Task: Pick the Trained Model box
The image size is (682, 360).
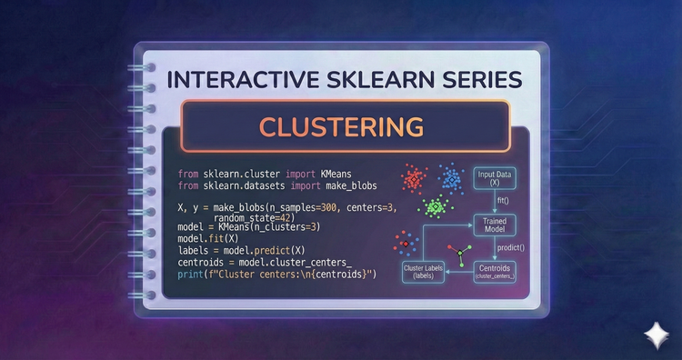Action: click(x=495, y=224)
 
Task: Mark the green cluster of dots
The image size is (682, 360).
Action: click(x=434, y=208)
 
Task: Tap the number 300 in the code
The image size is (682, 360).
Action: click(x=315, y=207)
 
